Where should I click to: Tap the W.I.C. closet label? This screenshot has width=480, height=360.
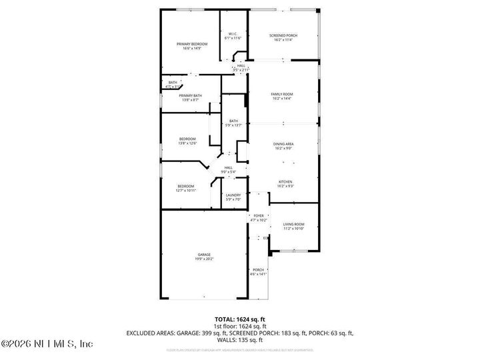(x=234, y=36)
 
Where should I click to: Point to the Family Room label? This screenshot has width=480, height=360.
(x=282, y=96)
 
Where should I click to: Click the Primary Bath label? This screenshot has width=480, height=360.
(x=190, y=97)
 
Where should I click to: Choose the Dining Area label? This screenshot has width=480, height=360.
(x=283, y=145)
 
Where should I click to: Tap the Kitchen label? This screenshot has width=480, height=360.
(x=285, y=183)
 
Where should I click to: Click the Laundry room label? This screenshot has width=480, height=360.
(x=233, y=197)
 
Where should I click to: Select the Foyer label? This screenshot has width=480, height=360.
(x=258, y=217)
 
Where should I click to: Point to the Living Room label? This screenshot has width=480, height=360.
(x=293, y=226)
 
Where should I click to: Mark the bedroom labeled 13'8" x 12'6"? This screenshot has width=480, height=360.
(x=187, y=141)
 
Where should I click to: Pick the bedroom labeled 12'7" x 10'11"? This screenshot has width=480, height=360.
(x=186, y=187)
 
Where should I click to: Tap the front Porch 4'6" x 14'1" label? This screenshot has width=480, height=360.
(x=258, y=271)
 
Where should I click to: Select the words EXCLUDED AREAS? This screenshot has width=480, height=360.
(x=149, y=332)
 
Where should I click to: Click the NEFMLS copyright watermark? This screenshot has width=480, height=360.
(x=47, y=344)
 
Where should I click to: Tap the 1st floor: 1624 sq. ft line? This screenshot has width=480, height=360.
(x=239, y=327)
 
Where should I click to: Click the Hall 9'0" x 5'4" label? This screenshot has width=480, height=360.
(x=228, y=169)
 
